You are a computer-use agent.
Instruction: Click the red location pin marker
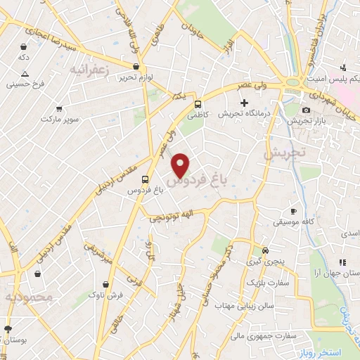[181, 165]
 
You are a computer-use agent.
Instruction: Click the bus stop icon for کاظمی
[199, 101]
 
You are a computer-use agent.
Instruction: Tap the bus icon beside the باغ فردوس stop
[144, 179]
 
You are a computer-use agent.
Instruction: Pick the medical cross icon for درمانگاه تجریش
[244, 103]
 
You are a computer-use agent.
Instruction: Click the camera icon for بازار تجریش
[306, 110]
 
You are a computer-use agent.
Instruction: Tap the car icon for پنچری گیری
[265, 250]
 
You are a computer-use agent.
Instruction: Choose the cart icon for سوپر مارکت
[59, 110]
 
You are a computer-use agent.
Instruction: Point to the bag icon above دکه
[24, 47]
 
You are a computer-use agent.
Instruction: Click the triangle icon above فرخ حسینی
[25, 74]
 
